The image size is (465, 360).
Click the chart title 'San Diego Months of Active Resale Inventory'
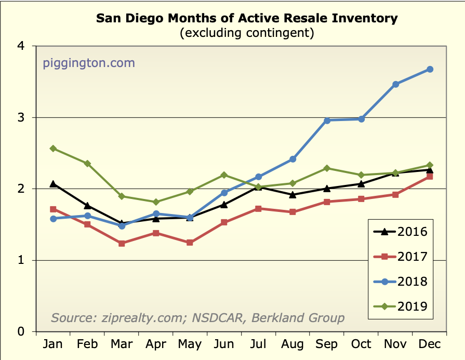point(247,19)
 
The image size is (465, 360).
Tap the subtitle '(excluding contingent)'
point(247,34)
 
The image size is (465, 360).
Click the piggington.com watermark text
point(88,63)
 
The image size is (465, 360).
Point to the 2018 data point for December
point(430,69)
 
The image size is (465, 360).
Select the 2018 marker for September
point(327,121)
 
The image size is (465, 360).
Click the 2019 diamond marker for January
point(53,149)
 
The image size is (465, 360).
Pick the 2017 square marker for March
point(122,243)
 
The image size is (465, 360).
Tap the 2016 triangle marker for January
point(53,183)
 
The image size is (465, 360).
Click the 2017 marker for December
point(430,177)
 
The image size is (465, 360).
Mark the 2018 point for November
point(395,84)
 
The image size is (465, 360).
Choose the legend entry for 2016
point(399,232)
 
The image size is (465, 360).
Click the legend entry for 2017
point(399,257)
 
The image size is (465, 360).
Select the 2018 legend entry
point(399,282)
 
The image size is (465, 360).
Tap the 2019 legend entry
point(399,306)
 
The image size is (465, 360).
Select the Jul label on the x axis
point(259,344)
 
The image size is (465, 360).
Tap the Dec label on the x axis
point(430,344)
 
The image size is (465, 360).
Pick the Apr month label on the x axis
point(156,344)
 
